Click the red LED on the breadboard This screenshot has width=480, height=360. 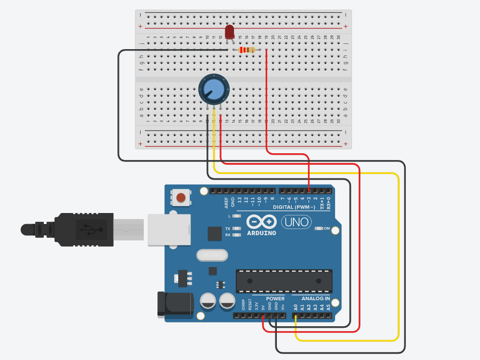pyautogui.click(x=230, y=32)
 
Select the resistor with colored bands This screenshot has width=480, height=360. pyautogui.click(x=247, y=50)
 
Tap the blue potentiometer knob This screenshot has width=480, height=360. pyautogui.click(x=214, y=89)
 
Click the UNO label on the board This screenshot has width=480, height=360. pyautogui.click(x=296, y=222)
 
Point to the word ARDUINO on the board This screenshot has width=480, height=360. pyautogui.click(x=261, y=233)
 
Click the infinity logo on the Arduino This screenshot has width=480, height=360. pyautogui.click(x=261, y=222)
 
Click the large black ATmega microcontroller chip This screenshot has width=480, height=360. pyautogui.click(x=284, y=281)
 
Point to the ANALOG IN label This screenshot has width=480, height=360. pyautogui.click(x=315, y=298)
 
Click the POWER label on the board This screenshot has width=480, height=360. pyautogui.click(x=275, y=298)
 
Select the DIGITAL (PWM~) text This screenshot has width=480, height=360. pyautogui.click(x=295, y=207)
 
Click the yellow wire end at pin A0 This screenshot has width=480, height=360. pyautogui.click(x=296, y=316)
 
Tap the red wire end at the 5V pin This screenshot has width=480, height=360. pyautogui.click(x=263, y=316)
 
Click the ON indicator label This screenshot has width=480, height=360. pyautogui.click(x=327, y=228)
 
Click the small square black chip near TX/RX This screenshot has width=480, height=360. pyautogui.click(x=214, y=234)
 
